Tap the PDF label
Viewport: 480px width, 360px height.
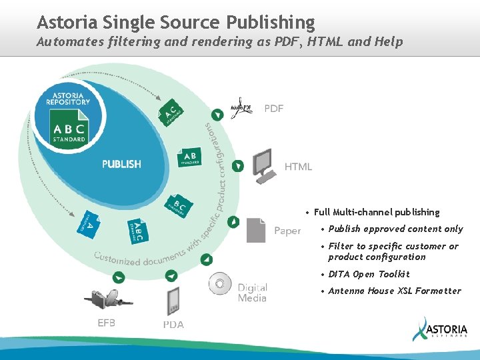click(274, 109)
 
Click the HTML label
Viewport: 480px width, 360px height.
click(298, 167)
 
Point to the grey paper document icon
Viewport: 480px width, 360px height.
click(256, 230)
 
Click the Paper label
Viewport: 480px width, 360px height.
click(287, 231)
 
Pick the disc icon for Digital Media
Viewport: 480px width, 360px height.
click(220, 285)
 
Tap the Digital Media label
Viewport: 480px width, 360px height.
click(253, 293)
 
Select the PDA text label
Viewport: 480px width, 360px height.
click(173, 325)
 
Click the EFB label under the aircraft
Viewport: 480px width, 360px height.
click(107, 323)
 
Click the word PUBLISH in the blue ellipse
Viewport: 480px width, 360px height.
click(121, 164)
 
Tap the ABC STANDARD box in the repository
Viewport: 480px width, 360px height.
click(69, 126)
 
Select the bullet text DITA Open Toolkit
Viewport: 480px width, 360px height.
click(369, 274)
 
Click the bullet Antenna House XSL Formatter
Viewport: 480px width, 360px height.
click(395, 291)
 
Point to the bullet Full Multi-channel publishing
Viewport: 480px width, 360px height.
click(377, 212)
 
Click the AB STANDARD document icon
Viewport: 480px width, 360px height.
click(189, 157)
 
